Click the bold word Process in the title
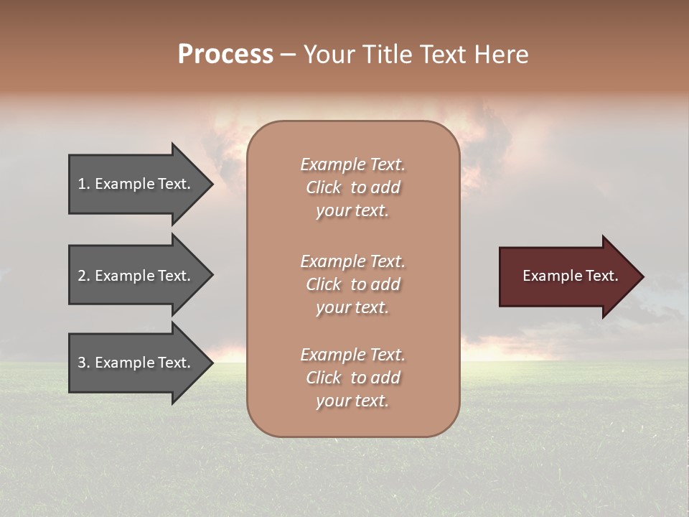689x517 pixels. [225, 55]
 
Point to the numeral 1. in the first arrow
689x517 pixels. [84, 185]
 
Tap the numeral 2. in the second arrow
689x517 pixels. [84, 276]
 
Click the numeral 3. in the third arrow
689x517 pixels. [84, 363]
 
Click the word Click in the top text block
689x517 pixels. [323, 188]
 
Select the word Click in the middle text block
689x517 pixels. [323, 284]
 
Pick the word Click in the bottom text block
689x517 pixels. [323, 378]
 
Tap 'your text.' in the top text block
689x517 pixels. [352, 211]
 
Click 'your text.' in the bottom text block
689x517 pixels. [352, 401]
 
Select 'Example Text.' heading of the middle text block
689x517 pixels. [352, 261]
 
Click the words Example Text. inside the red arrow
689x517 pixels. [570, 276]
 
